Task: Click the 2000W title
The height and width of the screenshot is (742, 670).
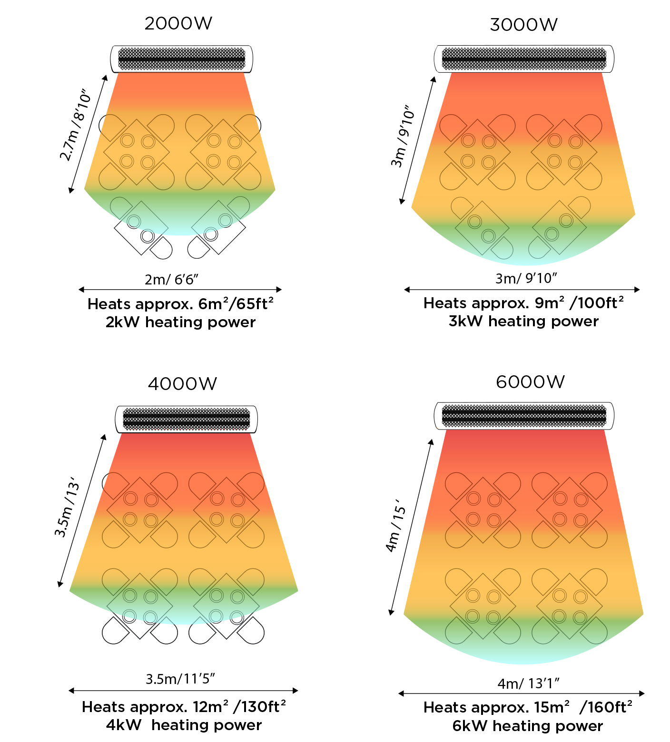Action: pyautogui.click(x=178, y=23)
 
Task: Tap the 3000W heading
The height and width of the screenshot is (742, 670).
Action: pyautogui.click(x=523, y=25)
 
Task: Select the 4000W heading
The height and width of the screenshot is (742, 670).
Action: pyautogui.click(x=182, y=384)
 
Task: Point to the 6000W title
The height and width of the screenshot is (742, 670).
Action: pyautogui.click(x=530, y=382)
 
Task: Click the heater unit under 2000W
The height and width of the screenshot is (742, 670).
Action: pyautogui.click(x=181, y=59)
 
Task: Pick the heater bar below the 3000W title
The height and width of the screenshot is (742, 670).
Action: pyautogui.click(x=524, y=59)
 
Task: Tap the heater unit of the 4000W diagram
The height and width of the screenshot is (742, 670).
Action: pyautogui.click(x=187, y=420)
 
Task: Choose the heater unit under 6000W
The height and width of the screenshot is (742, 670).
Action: pyautogui.click(x=524, y=416)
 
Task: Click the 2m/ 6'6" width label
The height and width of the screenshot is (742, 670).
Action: pyautogui.click(x=171, y=279)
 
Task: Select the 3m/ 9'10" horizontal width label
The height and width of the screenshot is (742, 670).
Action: pyautogui.click(x=526, y=278)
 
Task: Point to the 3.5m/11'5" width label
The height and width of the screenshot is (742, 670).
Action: pyautogui.click(x=180, y=679)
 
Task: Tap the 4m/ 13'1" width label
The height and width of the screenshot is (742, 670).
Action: pyautogui.click(x=528, y=683)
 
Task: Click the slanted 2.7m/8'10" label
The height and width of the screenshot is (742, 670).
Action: pyautogui.click(x=75, y=125)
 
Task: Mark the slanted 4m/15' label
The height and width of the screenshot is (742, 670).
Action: pyautogui.click(x=396, y=526)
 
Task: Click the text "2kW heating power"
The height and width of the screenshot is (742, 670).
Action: pyautogui.click(x=180, y=322)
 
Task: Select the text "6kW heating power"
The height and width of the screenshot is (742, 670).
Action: pyautogui.click(x=527, y=726)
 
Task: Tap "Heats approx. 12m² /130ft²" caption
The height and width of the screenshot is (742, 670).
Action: pyautogui.click(x=184, y=707)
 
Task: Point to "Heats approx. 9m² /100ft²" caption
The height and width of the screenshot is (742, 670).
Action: pyautogui.click(x=523, y=303)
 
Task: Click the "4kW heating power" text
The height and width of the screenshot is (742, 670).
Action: pyautogui.click(x=184, y=725)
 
